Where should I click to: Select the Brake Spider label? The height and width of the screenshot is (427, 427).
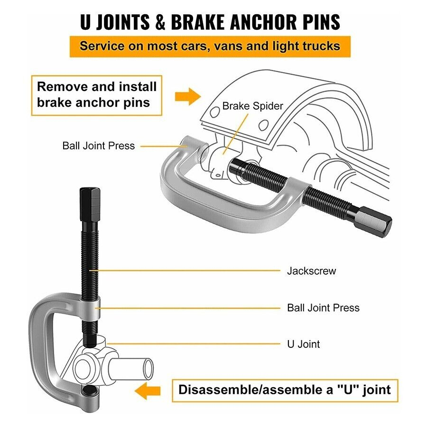tap(252, 106)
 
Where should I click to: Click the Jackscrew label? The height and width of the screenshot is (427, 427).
tap(311, 271)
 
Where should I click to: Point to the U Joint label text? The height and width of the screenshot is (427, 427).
tap(304, 344)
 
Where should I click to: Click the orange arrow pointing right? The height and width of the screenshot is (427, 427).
tap(188, 96)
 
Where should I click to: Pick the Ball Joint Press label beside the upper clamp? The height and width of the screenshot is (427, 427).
tap(99, 146)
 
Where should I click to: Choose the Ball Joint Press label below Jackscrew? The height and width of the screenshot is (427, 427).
tap(323, 307)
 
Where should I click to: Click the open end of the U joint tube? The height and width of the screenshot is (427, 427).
tap(148, 368)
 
